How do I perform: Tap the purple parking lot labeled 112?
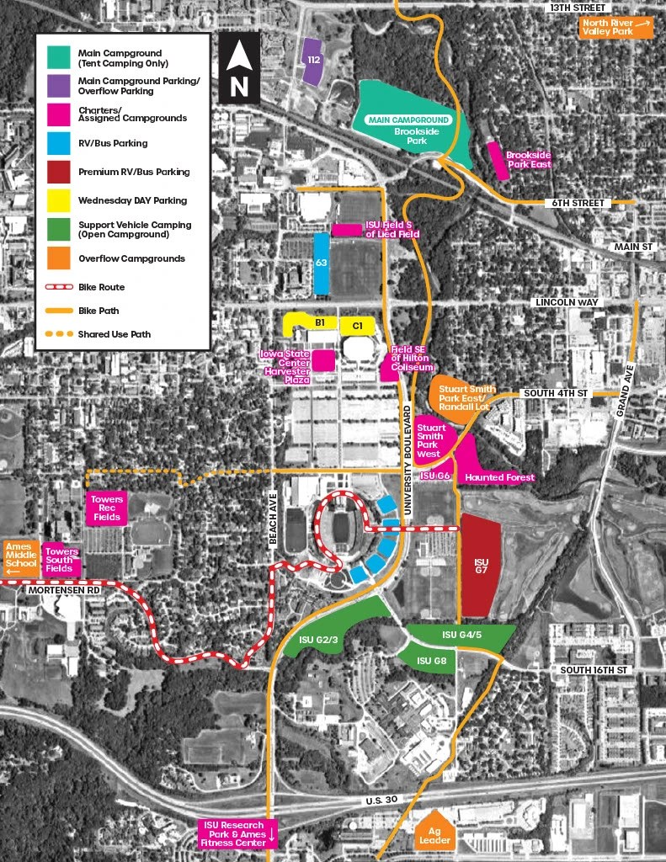pyautogui.click(x=312, y=62)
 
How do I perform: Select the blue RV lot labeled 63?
pyautogui.click(x=321, y=263)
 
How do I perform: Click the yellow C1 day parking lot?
pyautogui.click(x=357, y=324)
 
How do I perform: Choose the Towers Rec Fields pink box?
pyautogui.click(x=107, y=508)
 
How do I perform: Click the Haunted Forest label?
pyautogui.click(x=499, y=477)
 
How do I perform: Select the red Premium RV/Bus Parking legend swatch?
pyautogui.click(x=56, y=172)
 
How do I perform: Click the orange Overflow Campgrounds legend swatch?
pyautogui.click(x=56, y=258)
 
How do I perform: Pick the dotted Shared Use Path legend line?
pyautogui.click(x=56, y=333)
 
